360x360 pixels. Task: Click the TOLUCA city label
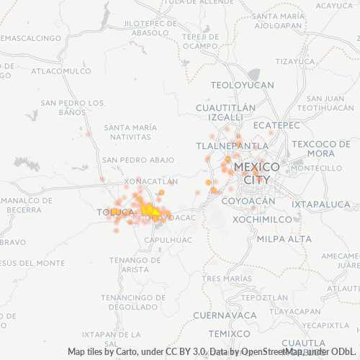tap(115, 212)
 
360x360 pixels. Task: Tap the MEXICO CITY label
tap(258, 173)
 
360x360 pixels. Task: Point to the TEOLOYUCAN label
tap(243, 85)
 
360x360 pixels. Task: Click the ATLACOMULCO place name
tap(57, 71)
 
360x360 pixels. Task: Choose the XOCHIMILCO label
tap(261, 218)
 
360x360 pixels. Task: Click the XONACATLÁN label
tap(150, 181)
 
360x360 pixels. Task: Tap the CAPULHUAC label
tap(168, 239)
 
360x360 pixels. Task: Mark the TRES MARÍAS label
tap(228, 278)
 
